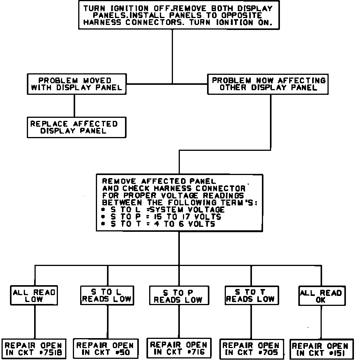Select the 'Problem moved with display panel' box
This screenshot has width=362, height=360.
pos(76,84)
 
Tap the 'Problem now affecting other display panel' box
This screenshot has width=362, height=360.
pos(268,84)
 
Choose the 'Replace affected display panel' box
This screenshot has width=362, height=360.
pos(76,127)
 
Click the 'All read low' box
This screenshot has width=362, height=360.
pos(35,296)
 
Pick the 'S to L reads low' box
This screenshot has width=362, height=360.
pos(107,295)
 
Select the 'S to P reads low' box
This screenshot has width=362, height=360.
pos(178,296)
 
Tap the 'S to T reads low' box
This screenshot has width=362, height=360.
pos(250,295)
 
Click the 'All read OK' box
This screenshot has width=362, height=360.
pos(321,296)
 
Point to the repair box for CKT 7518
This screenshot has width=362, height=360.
pos(34,349)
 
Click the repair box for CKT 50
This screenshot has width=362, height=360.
pos(105,349)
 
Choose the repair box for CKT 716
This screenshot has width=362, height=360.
pos(179,348)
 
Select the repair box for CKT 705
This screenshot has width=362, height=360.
pos(252,349)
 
